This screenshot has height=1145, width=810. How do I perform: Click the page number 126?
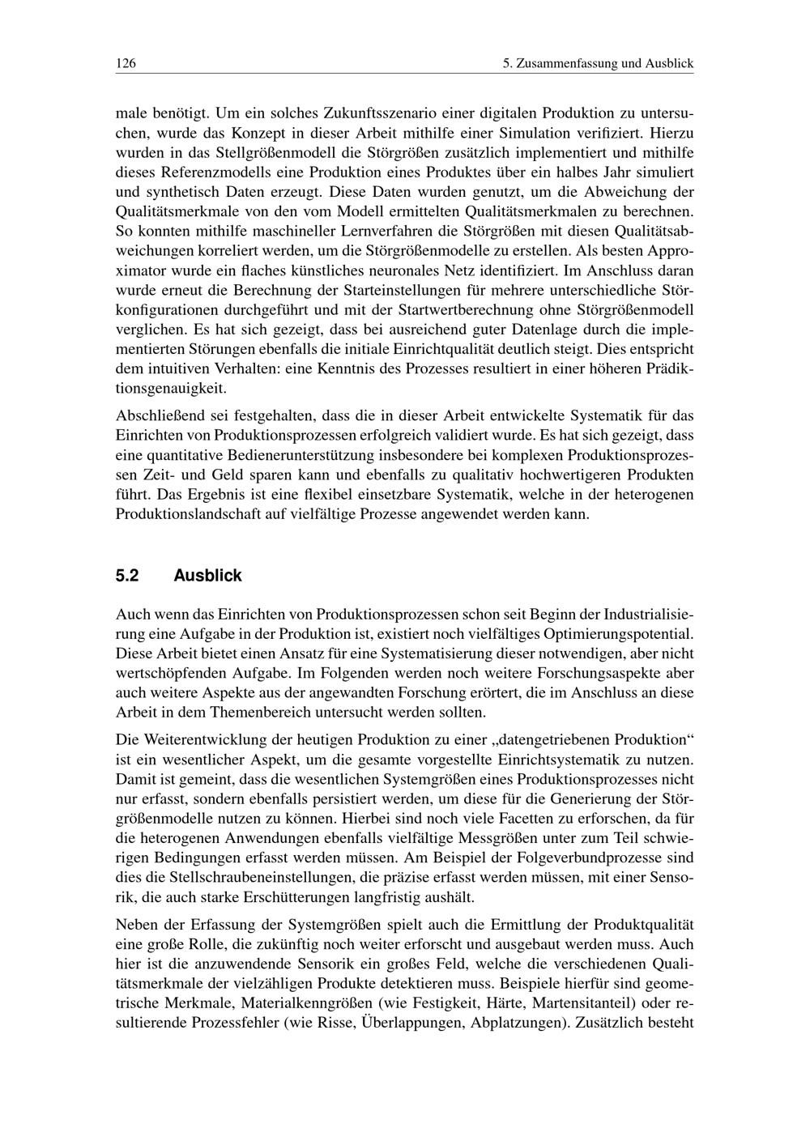126,63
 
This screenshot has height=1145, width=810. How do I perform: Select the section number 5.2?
128,576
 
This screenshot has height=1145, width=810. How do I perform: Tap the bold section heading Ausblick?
207,576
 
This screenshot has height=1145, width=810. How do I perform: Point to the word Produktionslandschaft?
191,514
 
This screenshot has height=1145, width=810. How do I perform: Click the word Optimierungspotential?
620,633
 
